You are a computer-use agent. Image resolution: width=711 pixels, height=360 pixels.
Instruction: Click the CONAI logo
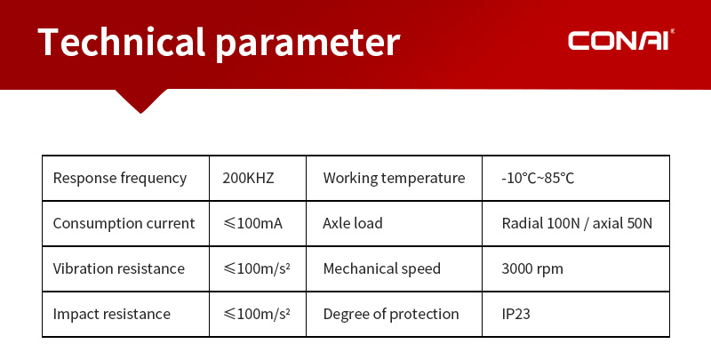(x=620, y=40)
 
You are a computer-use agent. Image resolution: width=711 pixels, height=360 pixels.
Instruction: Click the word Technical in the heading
(x=122, y=42)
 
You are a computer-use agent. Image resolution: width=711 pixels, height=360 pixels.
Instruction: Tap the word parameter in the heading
(x=308, y=44)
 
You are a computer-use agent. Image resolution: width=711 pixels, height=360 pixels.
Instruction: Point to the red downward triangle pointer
(x=141, y=100)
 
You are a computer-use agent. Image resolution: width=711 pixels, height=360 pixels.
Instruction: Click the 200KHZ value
(x=248, y=178)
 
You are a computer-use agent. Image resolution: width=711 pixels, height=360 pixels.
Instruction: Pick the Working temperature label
(x=394, y=178)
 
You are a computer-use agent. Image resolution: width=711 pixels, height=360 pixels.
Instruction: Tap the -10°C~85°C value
(x=538, y=178)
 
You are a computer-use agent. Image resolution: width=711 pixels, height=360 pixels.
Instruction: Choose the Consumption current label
(x=124, y=223)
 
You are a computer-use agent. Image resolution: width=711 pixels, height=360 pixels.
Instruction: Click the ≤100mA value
(x=252, y=223)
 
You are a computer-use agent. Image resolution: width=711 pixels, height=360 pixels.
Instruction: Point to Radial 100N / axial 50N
(x=577, y=223)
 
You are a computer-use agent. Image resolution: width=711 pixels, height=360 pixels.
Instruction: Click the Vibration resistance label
(x=119, y=268)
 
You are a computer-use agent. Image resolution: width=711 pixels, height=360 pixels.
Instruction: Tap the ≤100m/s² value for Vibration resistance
(x=256, y=268)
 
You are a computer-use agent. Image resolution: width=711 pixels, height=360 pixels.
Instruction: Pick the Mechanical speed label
(x=382, y=268)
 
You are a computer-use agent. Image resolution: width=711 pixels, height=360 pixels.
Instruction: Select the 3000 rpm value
(x=532, y=268)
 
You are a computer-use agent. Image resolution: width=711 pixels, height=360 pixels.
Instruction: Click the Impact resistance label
(x=112, y=314)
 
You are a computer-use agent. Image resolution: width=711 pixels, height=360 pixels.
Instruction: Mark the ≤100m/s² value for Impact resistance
(x=256, y=314)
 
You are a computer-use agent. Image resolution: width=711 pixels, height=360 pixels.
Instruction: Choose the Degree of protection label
(x=391, y=314)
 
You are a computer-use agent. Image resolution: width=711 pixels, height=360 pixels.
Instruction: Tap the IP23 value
(x=515, y=314)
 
